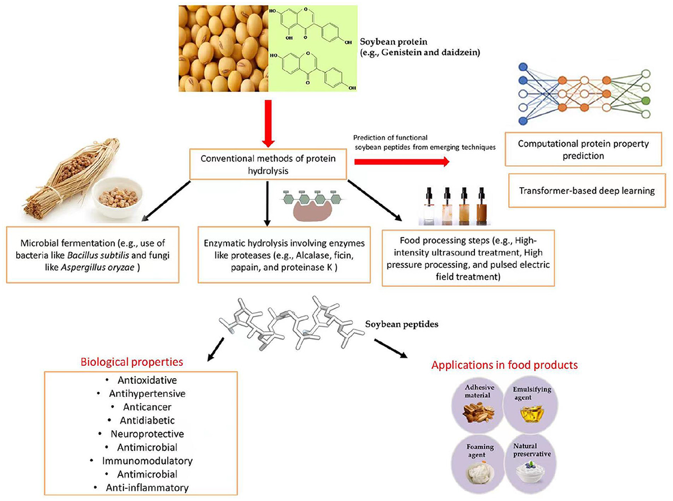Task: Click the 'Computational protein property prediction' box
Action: pyautogui.click(x=583, y=150)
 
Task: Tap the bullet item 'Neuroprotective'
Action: pyautogui.click(x=147, y=434)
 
